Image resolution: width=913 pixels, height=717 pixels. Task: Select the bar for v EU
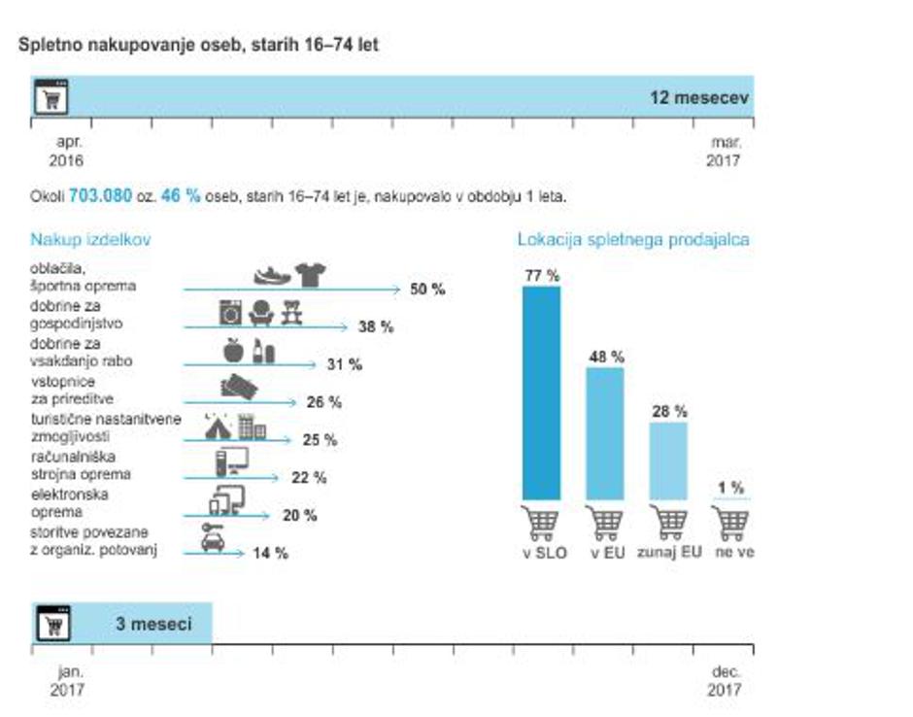coord(605,432)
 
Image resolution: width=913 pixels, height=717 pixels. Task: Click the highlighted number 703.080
coord(100,195)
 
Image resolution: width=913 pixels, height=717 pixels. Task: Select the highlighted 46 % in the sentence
coord(181,195)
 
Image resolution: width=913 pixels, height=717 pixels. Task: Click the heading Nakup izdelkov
coord(90,239)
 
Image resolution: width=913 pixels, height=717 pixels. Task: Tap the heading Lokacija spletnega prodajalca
coord(633,239)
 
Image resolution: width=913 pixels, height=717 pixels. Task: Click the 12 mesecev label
coord(699,98)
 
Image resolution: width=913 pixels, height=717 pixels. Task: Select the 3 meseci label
coord(153,624)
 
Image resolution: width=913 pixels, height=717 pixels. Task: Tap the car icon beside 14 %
coord(213,539)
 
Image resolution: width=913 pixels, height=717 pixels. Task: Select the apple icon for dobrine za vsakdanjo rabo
coord(233,350)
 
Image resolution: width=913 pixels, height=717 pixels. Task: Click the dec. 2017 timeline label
coord(726,680)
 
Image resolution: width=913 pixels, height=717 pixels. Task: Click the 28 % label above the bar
coord(668,411)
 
